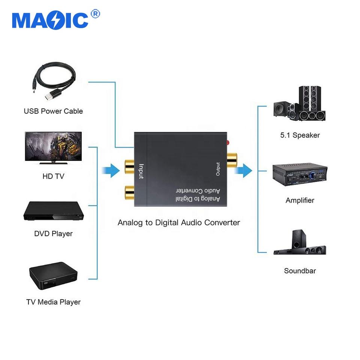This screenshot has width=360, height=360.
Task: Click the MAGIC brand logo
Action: click(x=50, y=21)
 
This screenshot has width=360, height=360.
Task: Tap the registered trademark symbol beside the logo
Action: click(x=95, y=14)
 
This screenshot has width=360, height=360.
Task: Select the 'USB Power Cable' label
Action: click(x=53, y=111)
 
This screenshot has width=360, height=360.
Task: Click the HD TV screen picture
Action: click(x=53, y=147)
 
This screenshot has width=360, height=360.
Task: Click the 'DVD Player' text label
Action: click(x=53, y=234)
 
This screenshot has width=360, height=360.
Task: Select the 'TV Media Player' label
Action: click(x=53, y=302)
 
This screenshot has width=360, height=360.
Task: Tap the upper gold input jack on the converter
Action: click(x=129, y=166)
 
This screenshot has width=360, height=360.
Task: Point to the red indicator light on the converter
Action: click(x=227, y=142)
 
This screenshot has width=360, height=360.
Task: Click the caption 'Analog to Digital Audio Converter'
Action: click(x=179, y=222)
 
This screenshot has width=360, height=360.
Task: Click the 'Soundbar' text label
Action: click(x=300, y=271)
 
